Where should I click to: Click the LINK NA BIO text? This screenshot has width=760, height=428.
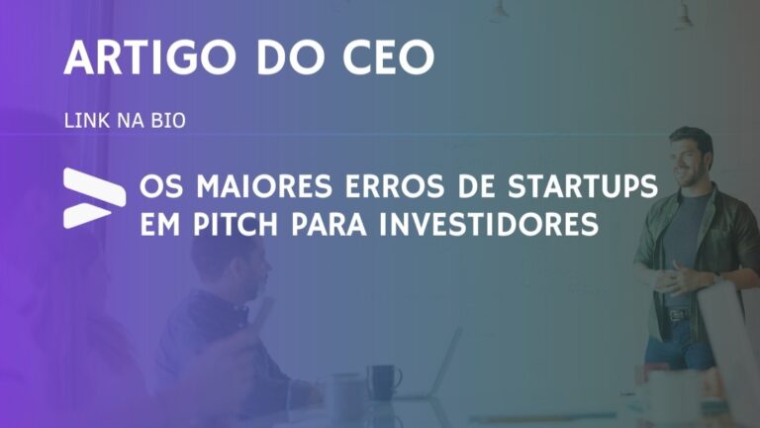coord(125,121)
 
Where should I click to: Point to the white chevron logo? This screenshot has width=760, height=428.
coord(93,197)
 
